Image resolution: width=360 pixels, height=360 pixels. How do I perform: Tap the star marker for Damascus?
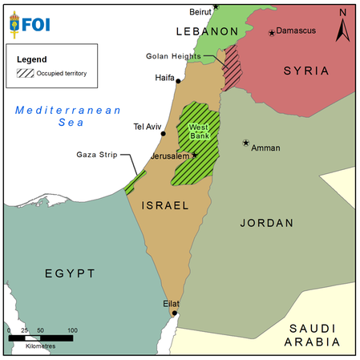point(272,33)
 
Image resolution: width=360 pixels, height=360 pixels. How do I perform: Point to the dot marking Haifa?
point(178,80)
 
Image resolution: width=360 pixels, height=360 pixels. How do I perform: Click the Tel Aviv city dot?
point(163,134)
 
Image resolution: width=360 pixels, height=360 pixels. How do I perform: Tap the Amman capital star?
point(246,143)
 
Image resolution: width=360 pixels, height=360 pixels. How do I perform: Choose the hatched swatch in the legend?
point(26,74)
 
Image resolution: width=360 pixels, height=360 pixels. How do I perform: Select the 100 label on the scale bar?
point(72,330)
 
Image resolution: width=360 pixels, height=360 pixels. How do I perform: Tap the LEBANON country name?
point(207,31)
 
